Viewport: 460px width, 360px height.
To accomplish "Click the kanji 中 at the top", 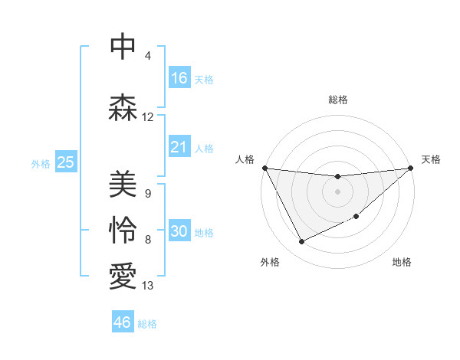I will [123, 47].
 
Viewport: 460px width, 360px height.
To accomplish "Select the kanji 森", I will [123, 107].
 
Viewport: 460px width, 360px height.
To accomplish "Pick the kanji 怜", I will [123, 230].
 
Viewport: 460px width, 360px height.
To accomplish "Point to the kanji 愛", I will [123, 276].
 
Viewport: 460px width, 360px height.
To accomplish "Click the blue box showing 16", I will [179, 78].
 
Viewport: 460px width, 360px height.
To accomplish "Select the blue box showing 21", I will [179, 147].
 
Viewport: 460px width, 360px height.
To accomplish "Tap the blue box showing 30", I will [179, 232].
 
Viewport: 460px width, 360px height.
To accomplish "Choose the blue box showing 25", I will [65, 162].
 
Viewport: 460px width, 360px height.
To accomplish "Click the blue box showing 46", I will [123, 322].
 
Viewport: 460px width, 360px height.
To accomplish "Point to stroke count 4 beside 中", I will [148, 56].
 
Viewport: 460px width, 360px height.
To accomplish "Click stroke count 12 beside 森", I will [148, 117].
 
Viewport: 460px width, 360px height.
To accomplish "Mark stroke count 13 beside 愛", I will [148, 286].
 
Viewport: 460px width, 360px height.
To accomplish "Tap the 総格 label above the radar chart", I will [338, 100].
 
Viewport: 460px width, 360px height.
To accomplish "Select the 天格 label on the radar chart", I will [431, 159].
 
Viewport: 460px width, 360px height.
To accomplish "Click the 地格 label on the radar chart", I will [402, 262].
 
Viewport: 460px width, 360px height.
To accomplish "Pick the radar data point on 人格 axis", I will [264, 168].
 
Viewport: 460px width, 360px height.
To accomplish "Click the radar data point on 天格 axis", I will [410, 168].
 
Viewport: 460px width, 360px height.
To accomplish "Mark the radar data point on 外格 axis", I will [301, 242].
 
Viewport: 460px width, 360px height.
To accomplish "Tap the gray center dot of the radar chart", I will [337, 191].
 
